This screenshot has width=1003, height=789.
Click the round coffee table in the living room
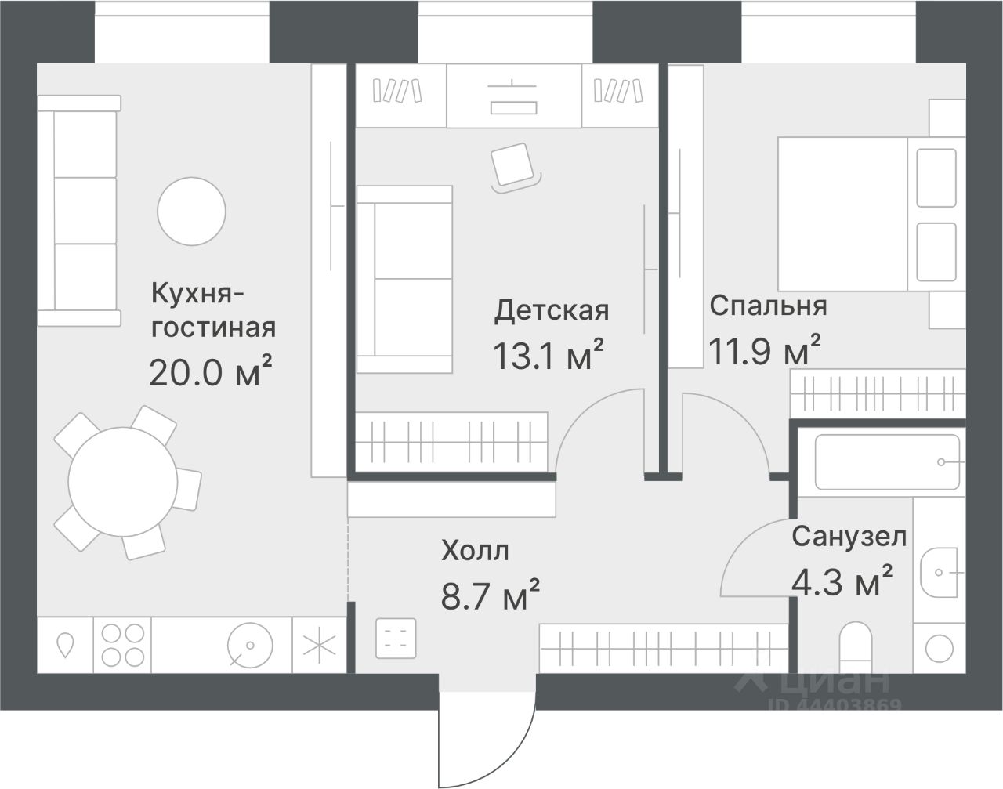click(191, 211)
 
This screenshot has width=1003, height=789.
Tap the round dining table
click(122, 482)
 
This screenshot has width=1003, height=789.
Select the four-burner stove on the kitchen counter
click(122, 645)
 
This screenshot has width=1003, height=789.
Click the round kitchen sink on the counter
click(250, 646)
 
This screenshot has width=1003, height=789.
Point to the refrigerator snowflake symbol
click(319, 646)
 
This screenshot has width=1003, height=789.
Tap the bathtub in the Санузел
click(887, 461)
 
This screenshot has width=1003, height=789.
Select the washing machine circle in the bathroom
click(940, 648)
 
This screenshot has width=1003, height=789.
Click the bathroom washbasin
click(940, 572)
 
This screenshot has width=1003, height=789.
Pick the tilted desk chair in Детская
click(512, 166)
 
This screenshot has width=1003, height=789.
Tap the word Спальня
click(768, 306)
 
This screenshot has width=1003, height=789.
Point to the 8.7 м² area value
click(491, 594)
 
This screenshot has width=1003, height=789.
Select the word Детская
click(552, 311)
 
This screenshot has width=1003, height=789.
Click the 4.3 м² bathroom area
click(842, 581)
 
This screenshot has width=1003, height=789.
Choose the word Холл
click(475, 550)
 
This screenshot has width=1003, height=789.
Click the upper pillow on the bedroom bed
click(936, 177)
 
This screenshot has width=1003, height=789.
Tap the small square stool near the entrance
click(396, 638)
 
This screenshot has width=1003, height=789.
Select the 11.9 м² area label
click(764, 349)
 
